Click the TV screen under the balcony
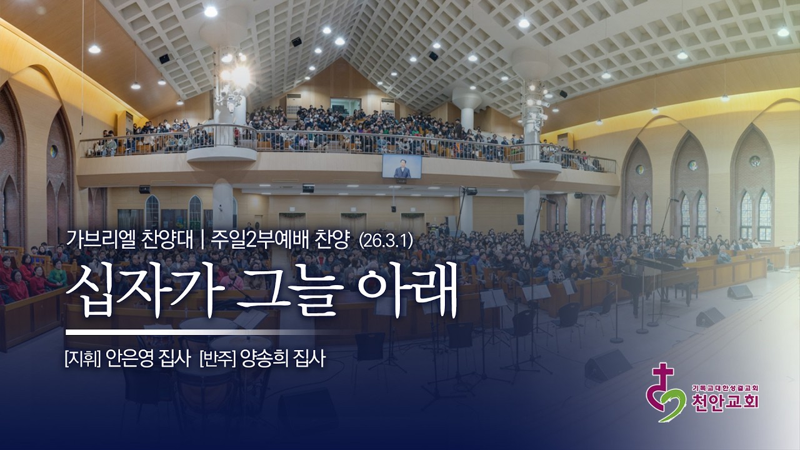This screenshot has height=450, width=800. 402,166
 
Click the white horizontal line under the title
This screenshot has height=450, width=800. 187,331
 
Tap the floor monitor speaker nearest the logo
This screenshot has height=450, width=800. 607,365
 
